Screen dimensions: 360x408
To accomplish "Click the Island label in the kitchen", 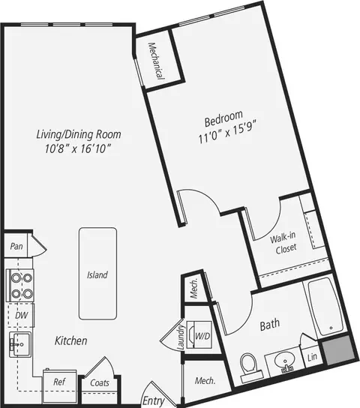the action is tap(97, 274).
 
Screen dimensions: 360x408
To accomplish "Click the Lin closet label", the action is tap(312, 357).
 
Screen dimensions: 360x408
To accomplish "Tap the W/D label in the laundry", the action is tap(202, 336).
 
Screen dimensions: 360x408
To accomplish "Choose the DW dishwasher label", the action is tap(22, 315).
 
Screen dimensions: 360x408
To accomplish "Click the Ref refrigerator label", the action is tap(59, 382).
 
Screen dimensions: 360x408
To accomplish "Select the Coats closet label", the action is tap(100, 382).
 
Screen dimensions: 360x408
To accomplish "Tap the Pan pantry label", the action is tap(16, 246).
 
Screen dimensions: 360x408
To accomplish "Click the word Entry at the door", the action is tap(154, 401).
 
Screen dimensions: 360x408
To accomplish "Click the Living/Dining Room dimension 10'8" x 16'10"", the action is tap(78, 149).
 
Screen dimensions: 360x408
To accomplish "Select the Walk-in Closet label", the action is tap(284, 242).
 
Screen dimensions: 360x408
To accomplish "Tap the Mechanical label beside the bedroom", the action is tap(156, 61).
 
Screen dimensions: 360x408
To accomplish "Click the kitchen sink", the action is tap(20, 344).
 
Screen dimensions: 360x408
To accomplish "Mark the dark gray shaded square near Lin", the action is tap(338, 351).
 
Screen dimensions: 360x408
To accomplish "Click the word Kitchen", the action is tap(70, 340).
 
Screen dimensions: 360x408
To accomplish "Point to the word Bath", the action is tap(270, 325).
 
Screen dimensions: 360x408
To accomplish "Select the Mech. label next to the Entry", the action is tap(205, 381).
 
